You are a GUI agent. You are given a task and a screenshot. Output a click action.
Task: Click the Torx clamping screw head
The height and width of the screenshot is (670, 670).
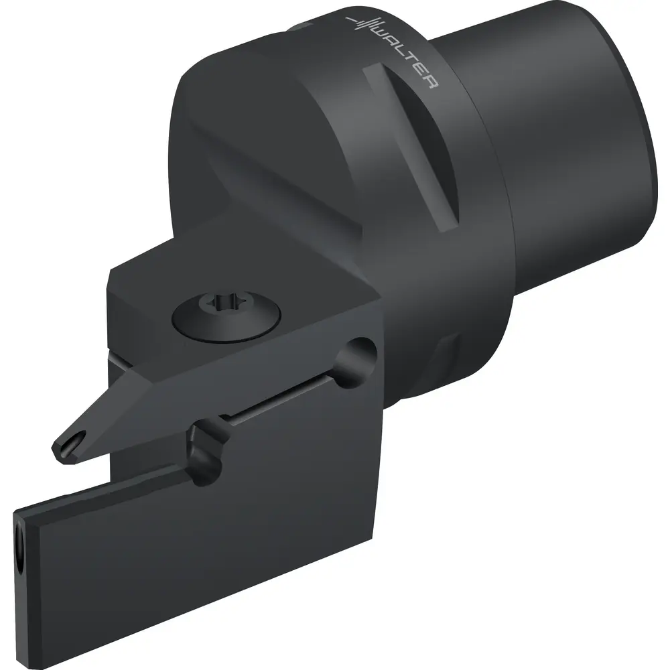[226, 317]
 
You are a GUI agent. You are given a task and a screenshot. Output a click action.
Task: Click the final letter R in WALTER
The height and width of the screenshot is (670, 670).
[431, 82]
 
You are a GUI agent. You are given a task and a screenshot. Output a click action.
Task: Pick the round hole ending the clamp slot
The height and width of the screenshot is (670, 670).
[356, 362]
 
